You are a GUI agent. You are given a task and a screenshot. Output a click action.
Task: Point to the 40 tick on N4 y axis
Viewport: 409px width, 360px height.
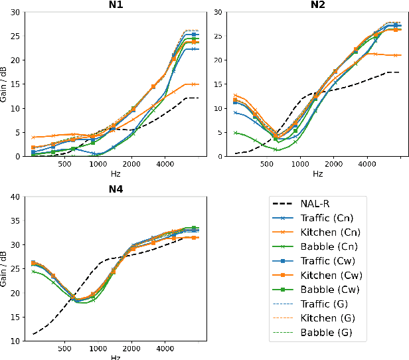pos(14,197)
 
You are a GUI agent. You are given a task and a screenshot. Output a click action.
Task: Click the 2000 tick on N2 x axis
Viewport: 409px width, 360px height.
pos(333,164)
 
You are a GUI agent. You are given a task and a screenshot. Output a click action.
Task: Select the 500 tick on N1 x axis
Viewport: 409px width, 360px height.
pos(65,164)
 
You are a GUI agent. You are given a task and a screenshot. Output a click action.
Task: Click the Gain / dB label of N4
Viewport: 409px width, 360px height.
pos(5,268)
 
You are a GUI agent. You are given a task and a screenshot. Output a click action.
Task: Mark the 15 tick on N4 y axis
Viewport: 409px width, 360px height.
pos(14,317)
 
